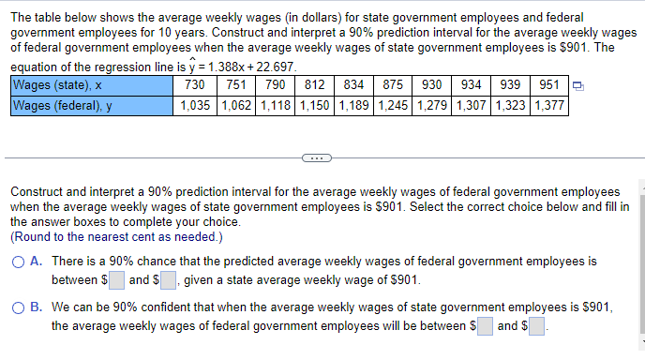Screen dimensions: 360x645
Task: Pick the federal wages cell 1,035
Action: (199, 105)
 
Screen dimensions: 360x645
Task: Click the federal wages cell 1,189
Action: (355, 105)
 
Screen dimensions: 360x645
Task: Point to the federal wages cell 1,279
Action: (432, 105)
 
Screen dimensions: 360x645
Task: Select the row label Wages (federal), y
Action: (62, 105)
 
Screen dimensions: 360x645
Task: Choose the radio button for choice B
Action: (19, 307)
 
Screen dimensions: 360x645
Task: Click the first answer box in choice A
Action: (117, 280)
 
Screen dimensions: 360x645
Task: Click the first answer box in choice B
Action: (485, 326)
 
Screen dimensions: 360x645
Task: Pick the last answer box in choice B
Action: (538, 326)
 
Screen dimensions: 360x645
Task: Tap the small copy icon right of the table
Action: (578, 87)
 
